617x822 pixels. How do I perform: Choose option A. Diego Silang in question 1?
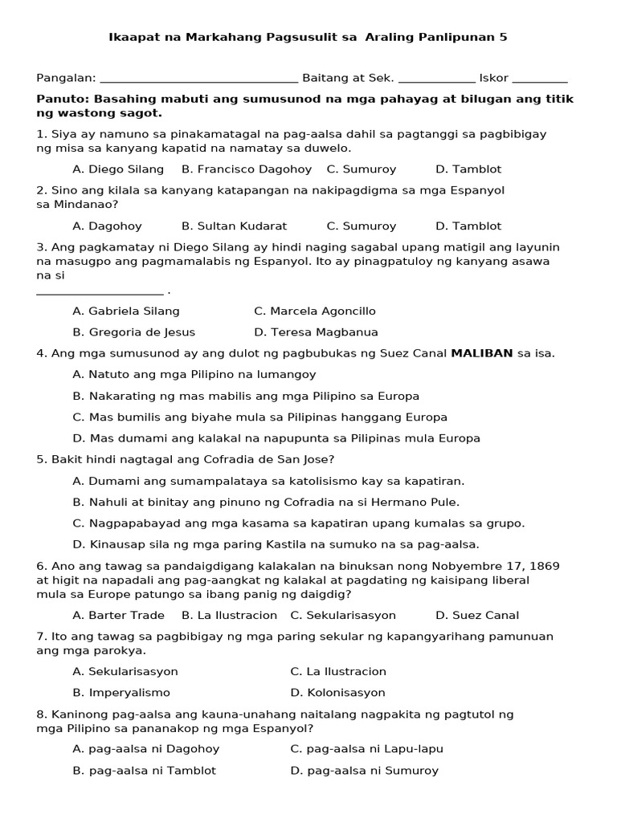tap(118, 169)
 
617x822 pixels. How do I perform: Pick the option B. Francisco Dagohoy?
tap(247, 169)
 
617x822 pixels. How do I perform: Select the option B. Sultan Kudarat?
tap(234, 226)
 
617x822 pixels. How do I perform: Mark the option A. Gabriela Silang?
tap(126, 311)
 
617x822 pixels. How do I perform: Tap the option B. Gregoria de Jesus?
tap(133, 332)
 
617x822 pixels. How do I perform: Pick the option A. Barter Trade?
tap(118, 616)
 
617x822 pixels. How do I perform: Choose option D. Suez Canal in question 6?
tap(477, 616)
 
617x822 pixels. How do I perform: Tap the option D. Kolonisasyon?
tap(337, 693)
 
